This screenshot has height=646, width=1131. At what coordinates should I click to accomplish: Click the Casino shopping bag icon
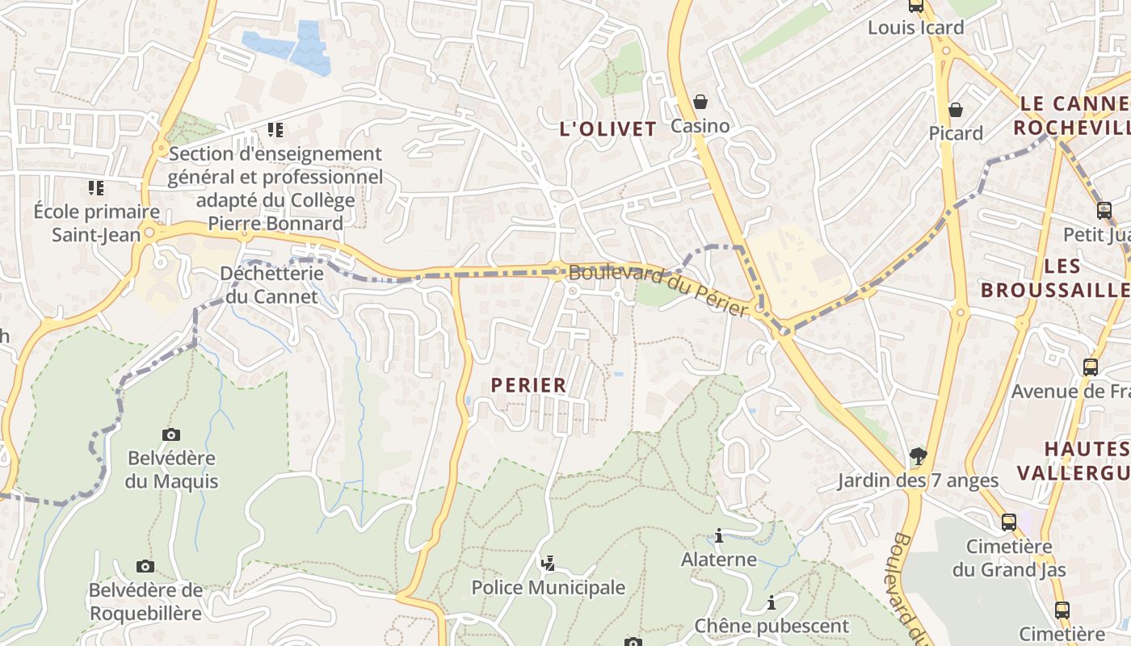pyautogui.click(x=700, y=102)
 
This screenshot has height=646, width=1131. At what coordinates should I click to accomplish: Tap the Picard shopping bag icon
pyautogui.click(x=956, y=109)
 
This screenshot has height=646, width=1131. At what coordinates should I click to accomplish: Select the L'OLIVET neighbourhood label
pyautogui.click(x=608, y=129)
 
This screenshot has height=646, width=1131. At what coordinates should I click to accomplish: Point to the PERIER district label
pyautogui.click(x=529, y=386)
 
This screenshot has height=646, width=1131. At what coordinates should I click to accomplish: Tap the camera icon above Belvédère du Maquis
pyautogui.click(x=171, y=434)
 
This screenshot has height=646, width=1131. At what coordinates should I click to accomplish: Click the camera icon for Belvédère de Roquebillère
pyautogui.click(x=145, y=566)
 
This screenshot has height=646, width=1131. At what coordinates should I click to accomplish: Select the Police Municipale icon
pyautogui.click(x=549, y=562)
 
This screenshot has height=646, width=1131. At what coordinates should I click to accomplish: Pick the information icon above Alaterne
pyautogui.click(x=719, y=535)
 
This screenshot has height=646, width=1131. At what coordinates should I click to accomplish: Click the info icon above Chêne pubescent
pyautogui.click(x=772, y=602)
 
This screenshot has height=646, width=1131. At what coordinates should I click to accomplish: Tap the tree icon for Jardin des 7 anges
pyautogui.click(x=918, y=456)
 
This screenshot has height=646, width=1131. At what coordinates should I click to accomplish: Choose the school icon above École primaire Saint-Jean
pyautogui.click(x=96, y=188)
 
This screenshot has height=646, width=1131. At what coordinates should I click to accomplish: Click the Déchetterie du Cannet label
pyautogui.click(x=271, y=284)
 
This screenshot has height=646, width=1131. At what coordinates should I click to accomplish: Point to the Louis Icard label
pyautogui.click(x=915, y=27)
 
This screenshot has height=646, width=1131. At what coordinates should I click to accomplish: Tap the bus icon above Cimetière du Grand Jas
pyautogui.click(x=1009, y=522)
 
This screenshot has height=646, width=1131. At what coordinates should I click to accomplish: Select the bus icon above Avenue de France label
pyautogui.click(x=1091, y=367)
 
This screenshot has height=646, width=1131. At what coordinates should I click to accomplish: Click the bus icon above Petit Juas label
pyautogui.click(x=1104, y=211)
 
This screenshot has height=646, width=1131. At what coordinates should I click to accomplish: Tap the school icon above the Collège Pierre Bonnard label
pyautogui.click(x=275, y=129)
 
